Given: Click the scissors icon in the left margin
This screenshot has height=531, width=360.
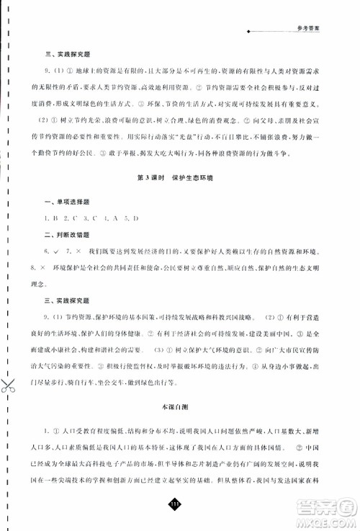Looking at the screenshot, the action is pyautogui.click(x=9, y=386).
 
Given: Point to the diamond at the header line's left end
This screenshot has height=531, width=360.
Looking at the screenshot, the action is pyautogui.click(x=248, y=32).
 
